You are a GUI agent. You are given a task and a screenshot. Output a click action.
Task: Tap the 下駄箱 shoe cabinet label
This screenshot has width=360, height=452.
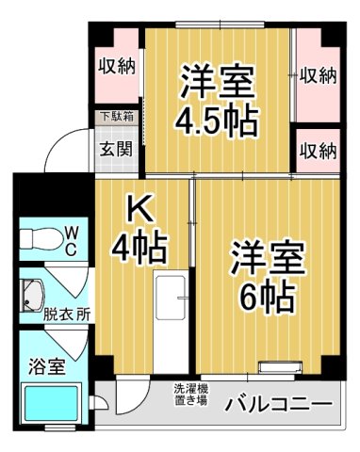coord(117,118)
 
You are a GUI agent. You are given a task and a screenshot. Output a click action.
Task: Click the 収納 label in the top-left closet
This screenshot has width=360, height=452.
coord(116,68)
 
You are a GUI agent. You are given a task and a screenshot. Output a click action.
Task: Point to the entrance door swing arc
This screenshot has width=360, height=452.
coord(66,151)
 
